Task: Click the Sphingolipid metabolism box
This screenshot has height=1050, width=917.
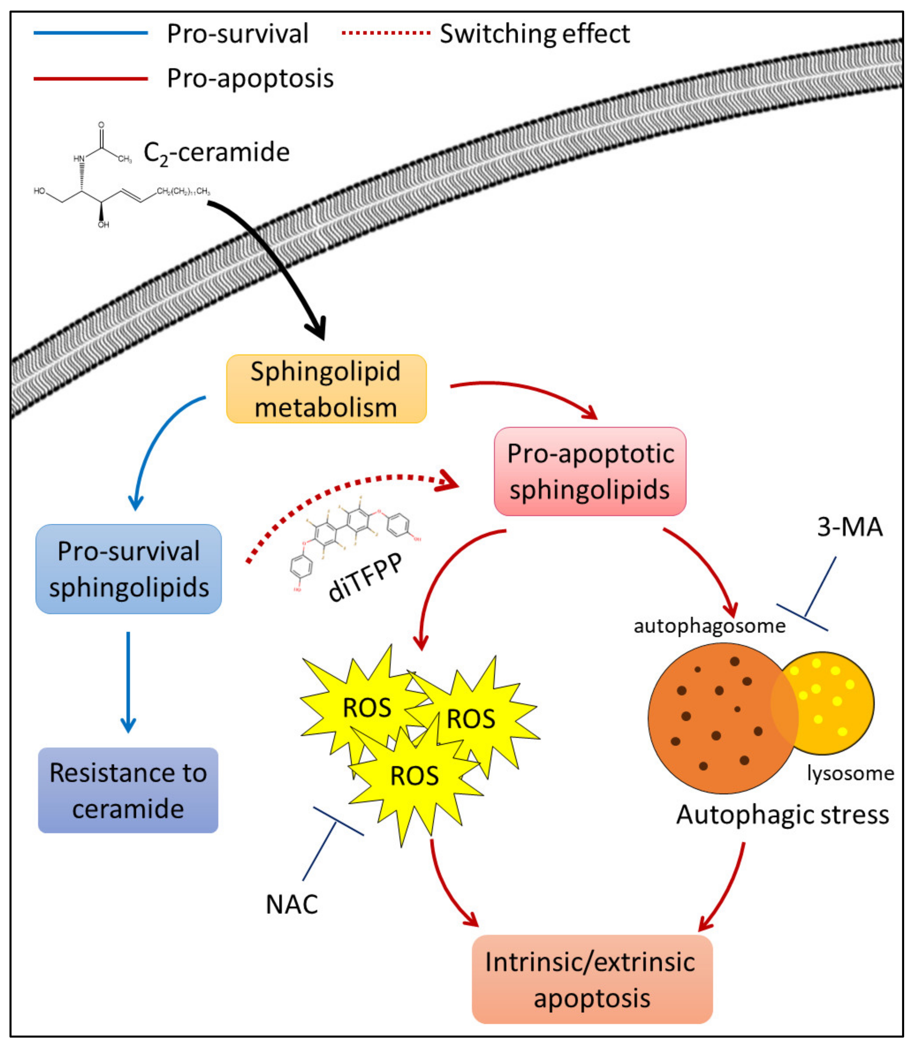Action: (x=326, y=389)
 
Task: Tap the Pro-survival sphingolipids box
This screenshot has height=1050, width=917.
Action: (x=128, y=569)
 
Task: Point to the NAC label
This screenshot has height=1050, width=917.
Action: (x=292, y=904)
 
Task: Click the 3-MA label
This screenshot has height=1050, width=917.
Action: (x=850, y=527)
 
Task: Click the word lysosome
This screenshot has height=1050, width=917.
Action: (x=850, y=773)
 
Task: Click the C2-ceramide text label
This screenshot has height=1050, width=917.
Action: (x=217, y=152)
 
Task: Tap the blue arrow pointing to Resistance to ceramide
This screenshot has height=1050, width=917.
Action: (x=128, y=681)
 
